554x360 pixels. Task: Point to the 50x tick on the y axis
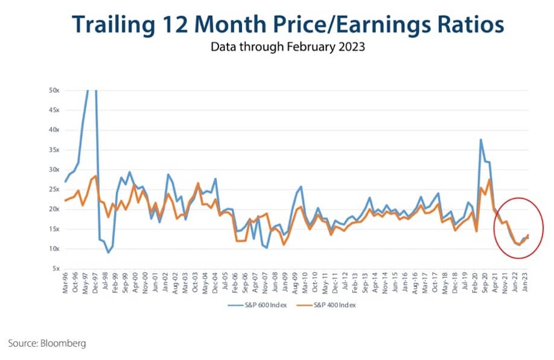[53, 90]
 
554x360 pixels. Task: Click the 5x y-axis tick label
[54, 269]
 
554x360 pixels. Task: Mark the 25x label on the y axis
[53, 189]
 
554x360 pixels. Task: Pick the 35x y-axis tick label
[53, 149]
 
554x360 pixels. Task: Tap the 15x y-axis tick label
[53, 229]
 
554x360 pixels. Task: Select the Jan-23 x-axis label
[527, 282]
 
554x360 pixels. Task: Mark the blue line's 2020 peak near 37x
[481, 140]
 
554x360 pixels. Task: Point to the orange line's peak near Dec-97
[95, 176]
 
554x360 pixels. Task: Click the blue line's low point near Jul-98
[108, 252]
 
